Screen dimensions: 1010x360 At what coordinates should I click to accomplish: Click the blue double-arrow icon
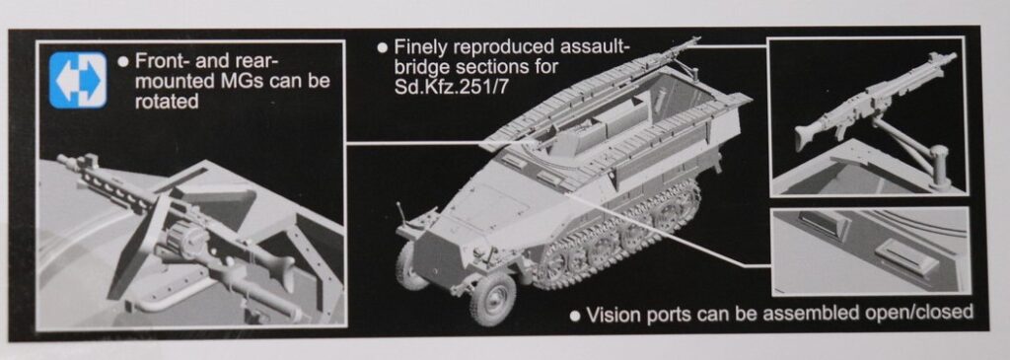click(78, 80)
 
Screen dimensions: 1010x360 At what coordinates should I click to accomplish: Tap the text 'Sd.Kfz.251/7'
click(451, 86)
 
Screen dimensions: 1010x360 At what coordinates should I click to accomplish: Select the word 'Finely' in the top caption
click(422, 47)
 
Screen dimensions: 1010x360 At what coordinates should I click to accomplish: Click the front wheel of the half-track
click(493, 298)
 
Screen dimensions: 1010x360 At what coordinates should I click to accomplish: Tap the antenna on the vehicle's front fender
click(402, 214)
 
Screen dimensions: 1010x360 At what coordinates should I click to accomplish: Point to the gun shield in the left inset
click(138, 248)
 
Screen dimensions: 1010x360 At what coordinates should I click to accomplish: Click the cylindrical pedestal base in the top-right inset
click(940, 166)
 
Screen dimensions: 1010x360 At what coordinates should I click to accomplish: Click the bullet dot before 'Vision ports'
click(575, 316)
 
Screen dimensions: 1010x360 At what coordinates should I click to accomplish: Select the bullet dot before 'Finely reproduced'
click(382, 47)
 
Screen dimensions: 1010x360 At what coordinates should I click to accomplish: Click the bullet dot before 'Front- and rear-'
click(123, 62)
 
